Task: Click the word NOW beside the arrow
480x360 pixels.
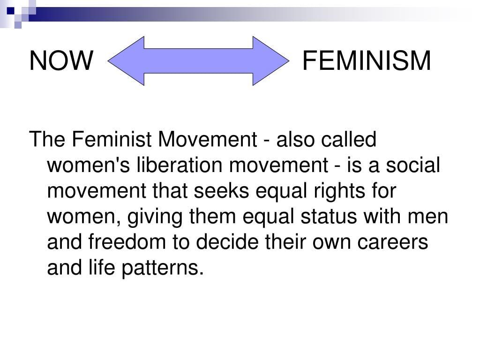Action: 61,60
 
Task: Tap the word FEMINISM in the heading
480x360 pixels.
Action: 367,60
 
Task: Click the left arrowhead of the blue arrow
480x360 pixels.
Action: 126,61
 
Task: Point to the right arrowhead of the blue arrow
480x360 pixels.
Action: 271,61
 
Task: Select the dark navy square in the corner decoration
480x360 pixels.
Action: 11,11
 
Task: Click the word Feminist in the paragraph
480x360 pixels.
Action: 112,139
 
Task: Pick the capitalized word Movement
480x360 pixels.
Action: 207,139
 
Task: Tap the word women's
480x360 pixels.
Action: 89,165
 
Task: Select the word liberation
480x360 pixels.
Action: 180,165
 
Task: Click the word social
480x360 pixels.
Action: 412,165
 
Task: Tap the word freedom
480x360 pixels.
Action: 127,242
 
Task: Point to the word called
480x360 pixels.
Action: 348,139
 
